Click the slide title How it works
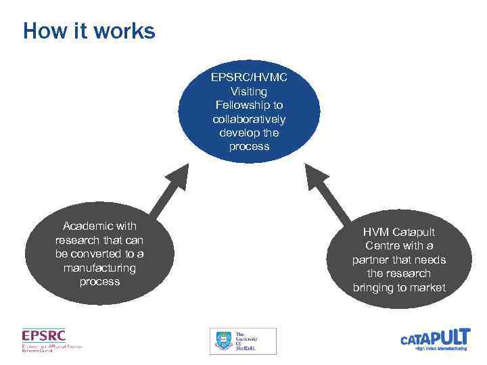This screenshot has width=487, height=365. coord(89,31)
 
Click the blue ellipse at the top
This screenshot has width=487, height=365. coord(248,112)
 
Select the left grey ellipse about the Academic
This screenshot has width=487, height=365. coord(99,253)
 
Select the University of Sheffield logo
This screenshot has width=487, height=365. coord(242,341)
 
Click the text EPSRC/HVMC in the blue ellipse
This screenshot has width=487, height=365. coord(249,77)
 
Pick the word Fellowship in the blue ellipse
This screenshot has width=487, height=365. coord(249,105)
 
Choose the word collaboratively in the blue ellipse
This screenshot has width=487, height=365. coord(249,119)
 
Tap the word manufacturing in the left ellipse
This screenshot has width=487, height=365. coord(99,268)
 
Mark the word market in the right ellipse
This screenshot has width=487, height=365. coord(428,288)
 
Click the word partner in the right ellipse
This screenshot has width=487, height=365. coord(371,260)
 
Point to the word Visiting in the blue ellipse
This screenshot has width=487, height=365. coord(249,91)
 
